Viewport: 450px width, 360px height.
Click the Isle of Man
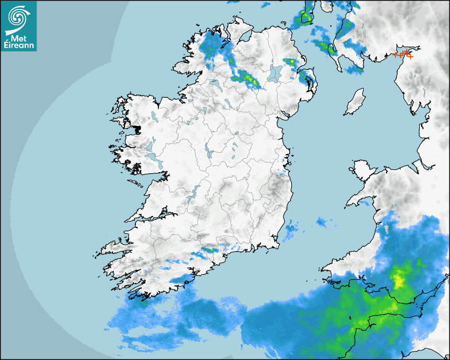pos(355,102)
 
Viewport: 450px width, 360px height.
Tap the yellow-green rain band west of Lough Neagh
pos(248,78)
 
